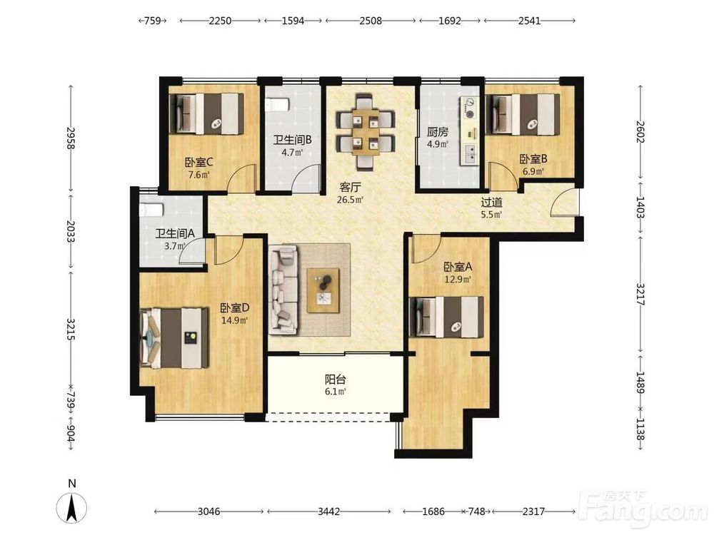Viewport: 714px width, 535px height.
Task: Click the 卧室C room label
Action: (199, 162)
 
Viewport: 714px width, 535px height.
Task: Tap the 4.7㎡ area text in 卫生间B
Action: (292, 153)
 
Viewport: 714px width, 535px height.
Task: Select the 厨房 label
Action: (437, 133)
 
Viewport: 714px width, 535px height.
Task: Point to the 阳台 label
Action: (336, 379)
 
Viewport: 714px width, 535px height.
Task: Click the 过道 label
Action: (492, 202)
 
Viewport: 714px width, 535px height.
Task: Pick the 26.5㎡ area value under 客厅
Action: (350, 199)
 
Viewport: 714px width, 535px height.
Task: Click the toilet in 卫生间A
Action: (151, 210)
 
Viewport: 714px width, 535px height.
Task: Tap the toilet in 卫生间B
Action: (277, 105)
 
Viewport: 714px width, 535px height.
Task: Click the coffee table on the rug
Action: (323, 290)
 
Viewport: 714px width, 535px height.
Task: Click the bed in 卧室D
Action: (174, 337)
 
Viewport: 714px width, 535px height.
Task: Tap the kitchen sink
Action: (471, 154)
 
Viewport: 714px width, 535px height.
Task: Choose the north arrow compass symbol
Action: (72, 507)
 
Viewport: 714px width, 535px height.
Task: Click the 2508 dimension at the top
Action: (371, 21)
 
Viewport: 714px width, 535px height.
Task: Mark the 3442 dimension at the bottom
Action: (328, 511)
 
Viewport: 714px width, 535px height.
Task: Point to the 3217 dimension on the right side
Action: (640, 295)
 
